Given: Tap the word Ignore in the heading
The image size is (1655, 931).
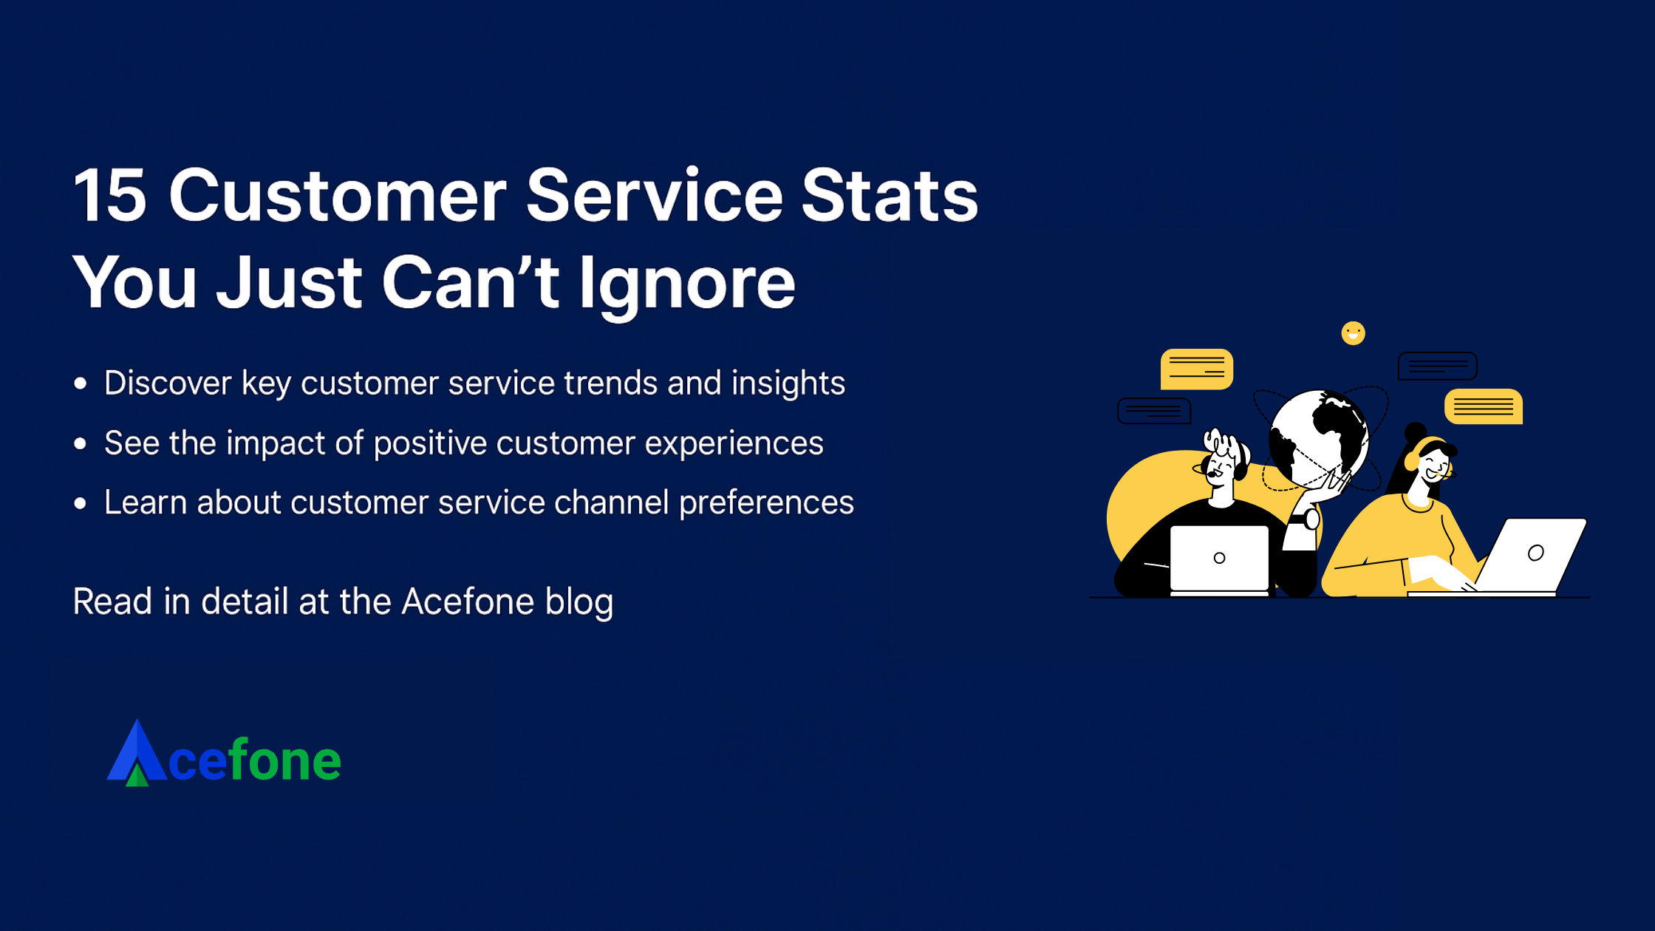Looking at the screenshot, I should pos(686,283).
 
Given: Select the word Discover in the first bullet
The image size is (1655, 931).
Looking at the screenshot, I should pos(168,383).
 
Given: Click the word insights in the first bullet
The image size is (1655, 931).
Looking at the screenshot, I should pos(788,383).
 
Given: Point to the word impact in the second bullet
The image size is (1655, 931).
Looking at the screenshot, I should pos(275,443).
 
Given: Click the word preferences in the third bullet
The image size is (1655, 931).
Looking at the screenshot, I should pos(766,503).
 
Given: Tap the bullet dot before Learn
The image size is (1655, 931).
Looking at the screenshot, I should pos(81,504).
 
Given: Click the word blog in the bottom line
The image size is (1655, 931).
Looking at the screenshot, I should pos(579,602).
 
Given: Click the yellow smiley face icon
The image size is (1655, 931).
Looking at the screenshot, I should pos(1353,333).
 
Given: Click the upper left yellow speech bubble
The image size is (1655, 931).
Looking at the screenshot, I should pos(1196,369).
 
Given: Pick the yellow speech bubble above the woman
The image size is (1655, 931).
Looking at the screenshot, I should pos(1483,406).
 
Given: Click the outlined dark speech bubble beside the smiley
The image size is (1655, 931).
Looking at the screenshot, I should pos(1437,366).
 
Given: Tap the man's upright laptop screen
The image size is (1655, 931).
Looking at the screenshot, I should pos(1219,558).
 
